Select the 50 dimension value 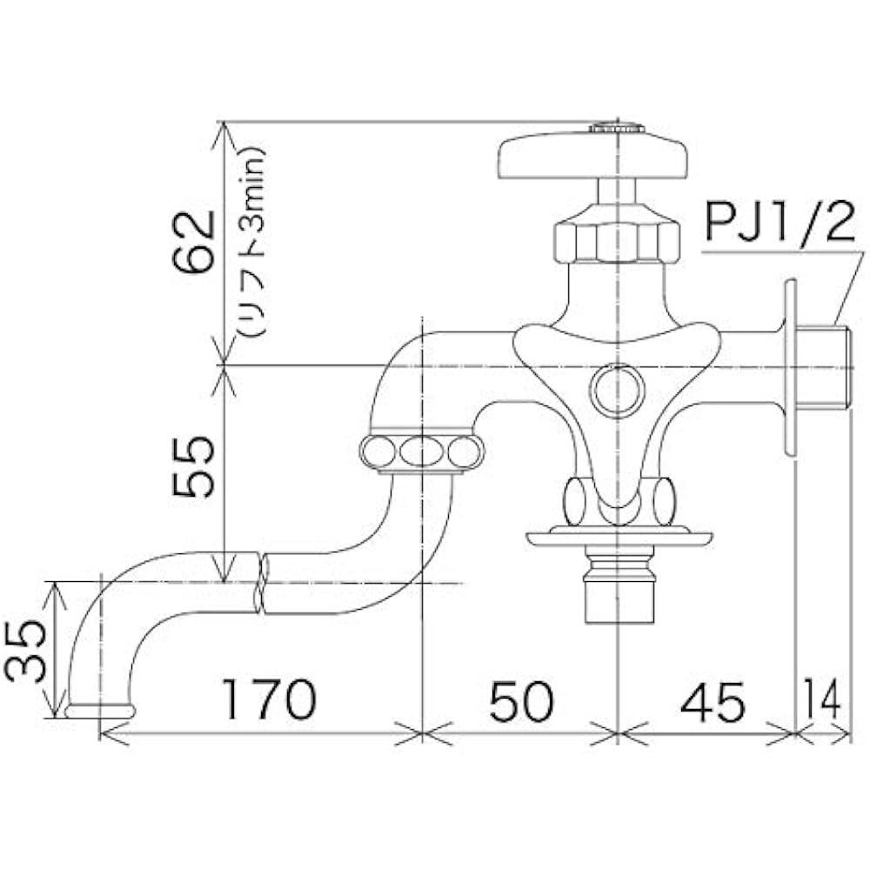520,700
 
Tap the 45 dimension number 713,702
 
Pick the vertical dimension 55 193,466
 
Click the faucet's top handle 593,157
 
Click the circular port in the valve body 617,389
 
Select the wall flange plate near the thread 790,367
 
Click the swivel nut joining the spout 421,452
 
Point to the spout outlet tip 100,711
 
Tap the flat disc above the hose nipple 619,538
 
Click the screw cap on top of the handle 617,129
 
